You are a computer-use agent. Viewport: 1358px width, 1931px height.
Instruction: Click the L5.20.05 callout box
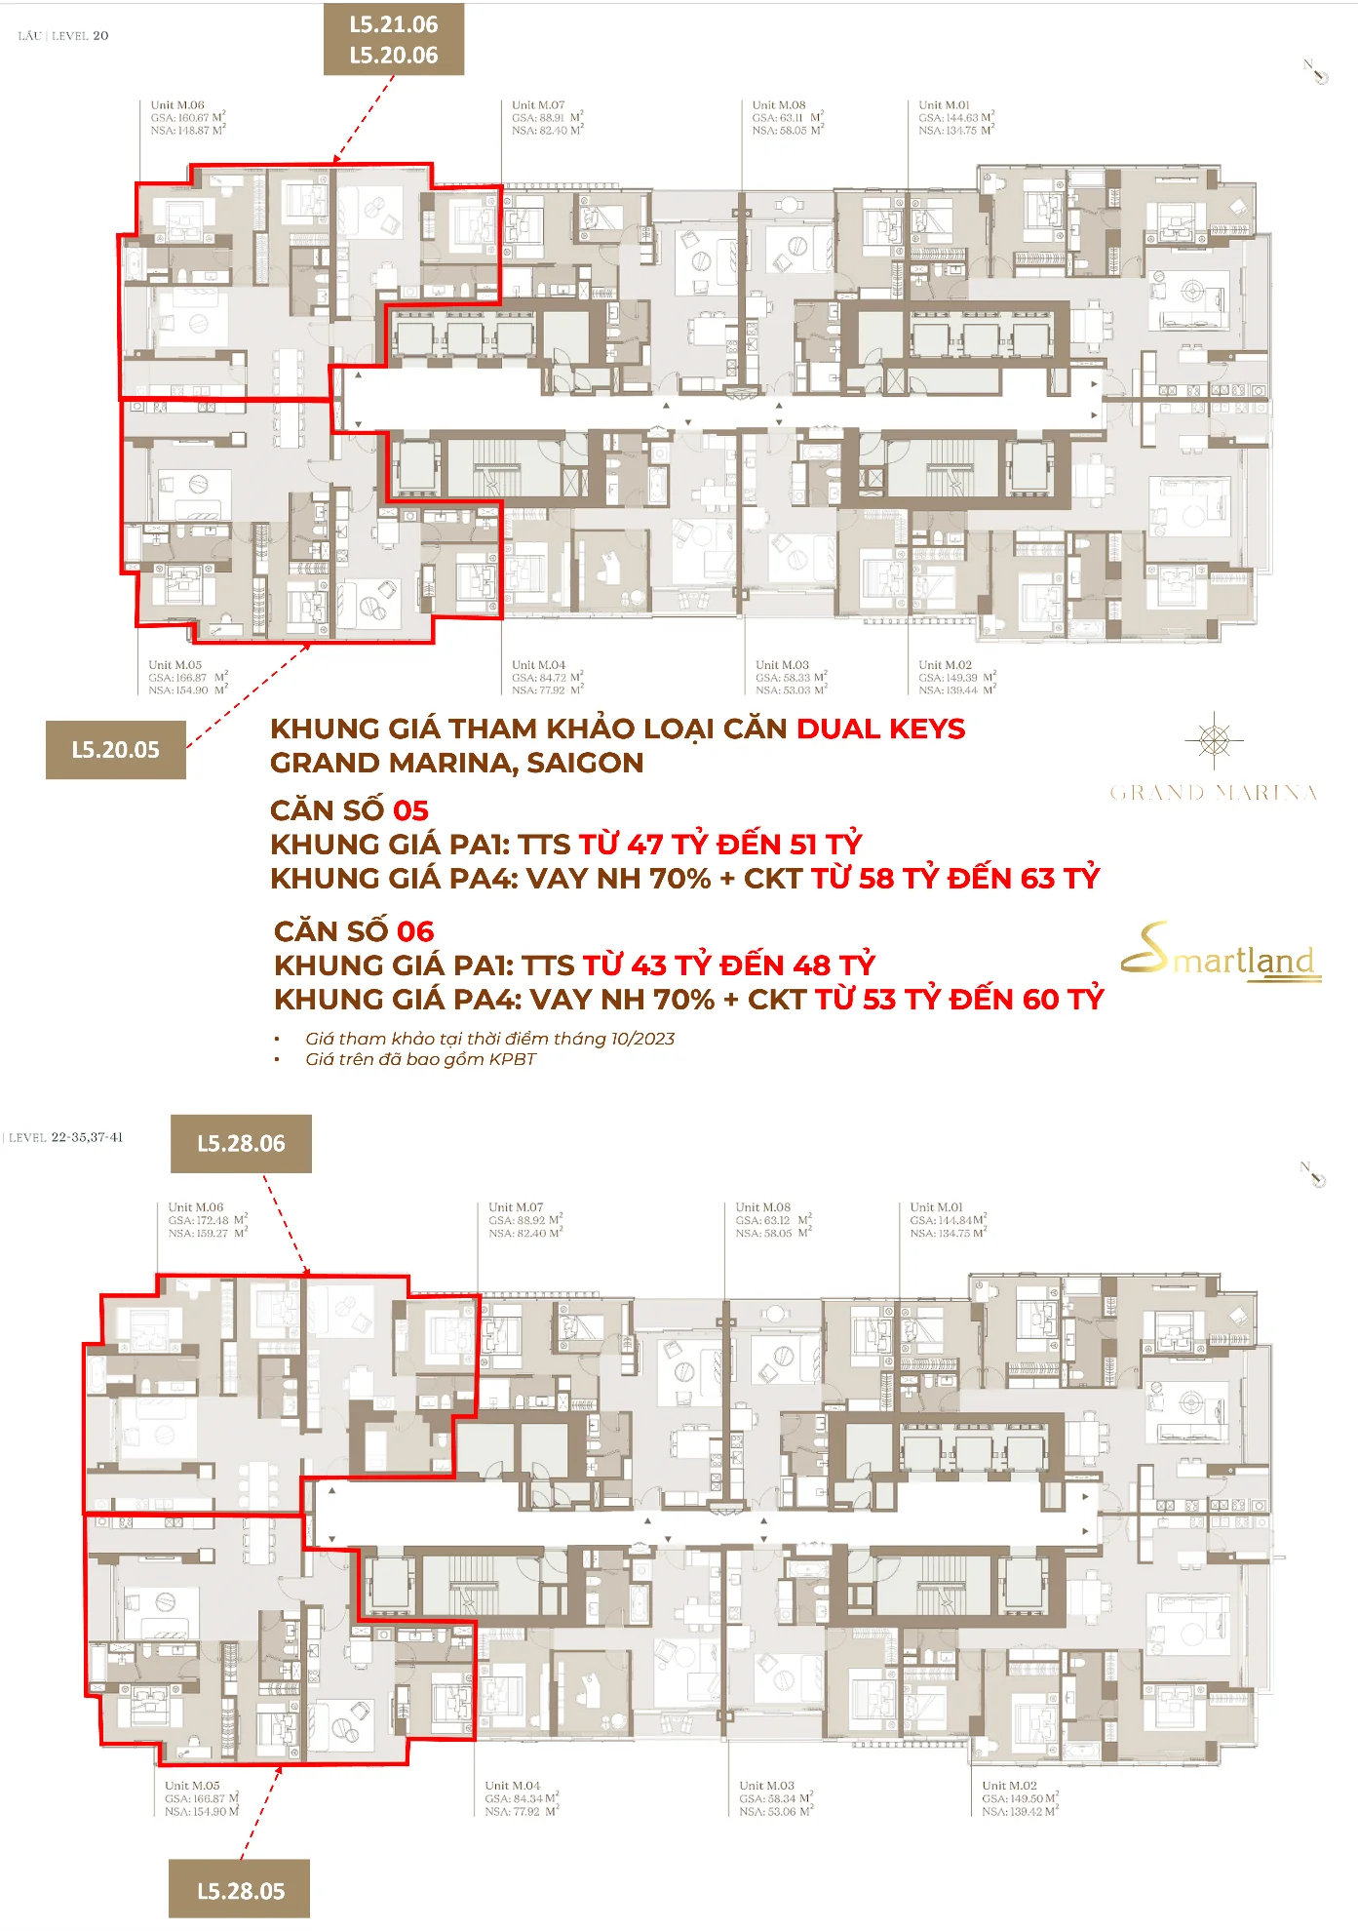[x=115, y=749]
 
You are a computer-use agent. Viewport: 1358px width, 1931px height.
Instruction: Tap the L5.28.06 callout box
[x=241, y=1143]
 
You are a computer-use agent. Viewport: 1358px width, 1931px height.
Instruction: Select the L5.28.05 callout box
[x=240, y=1890]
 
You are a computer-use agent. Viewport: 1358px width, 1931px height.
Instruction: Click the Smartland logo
[x=1222, y=952]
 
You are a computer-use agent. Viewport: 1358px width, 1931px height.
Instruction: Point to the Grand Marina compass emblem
[x=1214, y=740]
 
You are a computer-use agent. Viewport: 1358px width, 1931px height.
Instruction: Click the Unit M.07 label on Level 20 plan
[x=538, y=105]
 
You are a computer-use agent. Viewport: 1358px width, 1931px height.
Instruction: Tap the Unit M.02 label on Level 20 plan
[x=945, y=665]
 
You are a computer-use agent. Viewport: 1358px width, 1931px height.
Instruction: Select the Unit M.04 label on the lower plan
[x=513, y=1786]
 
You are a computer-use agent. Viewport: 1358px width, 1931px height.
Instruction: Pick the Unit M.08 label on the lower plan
[x=763, y=1207]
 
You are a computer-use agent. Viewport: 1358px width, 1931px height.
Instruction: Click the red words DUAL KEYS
[x=880, y=729]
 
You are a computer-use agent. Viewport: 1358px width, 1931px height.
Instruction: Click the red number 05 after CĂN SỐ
[x=410, y=810]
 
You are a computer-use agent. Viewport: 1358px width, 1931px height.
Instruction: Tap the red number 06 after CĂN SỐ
[x=415, y=931]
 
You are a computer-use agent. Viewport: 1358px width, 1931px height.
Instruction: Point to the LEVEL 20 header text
[x=63, y=36]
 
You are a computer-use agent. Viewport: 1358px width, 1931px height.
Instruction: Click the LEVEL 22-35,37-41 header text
[x=65, y=1137]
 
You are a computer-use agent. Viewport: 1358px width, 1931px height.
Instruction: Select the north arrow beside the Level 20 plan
[x=1315, y=71]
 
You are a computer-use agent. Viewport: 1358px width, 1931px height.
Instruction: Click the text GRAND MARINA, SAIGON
[x=456, y=763]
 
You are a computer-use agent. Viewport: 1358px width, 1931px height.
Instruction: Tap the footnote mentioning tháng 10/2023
[x=489, y=1039]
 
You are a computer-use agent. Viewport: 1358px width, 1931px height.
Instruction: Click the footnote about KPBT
[x=420, y=1059]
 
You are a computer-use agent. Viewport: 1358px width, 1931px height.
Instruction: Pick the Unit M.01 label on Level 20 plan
[x=944, y=105]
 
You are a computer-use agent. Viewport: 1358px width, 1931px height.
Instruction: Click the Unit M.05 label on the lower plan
[x=192, y=1786]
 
